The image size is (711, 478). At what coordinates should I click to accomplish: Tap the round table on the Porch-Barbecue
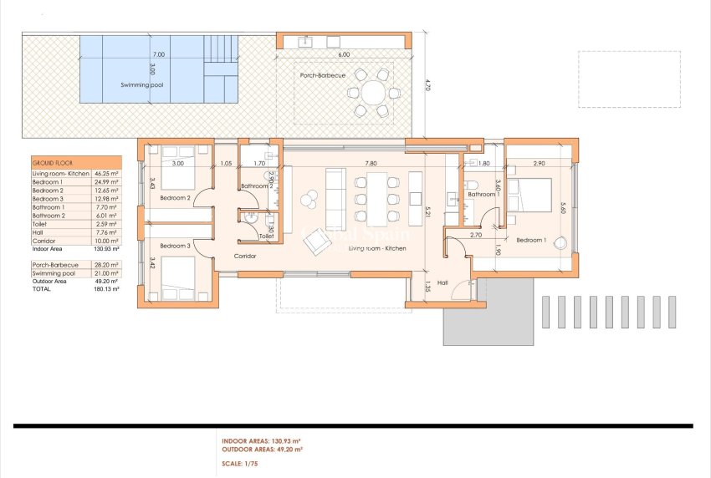[x=371, y=92]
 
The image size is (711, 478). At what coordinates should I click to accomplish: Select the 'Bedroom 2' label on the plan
[x=176, y=198]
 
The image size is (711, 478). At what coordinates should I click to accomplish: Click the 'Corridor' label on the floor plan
[x=244, y=257]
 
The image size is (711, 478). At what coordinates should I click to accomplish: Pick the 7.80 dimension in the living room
[x=370, y=164]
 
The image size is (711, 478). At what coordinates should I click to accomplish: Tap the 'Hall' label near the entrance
[x=442, y=283]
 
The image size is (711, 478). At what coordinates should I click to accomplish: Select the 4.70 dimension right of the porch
[x=427, y=84]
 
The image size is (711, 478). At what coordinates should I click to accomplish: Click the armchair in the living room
[x=315, y=241]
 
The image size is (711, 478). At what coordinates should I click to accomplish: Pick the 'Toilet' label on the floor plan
[x=266, y=236]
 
